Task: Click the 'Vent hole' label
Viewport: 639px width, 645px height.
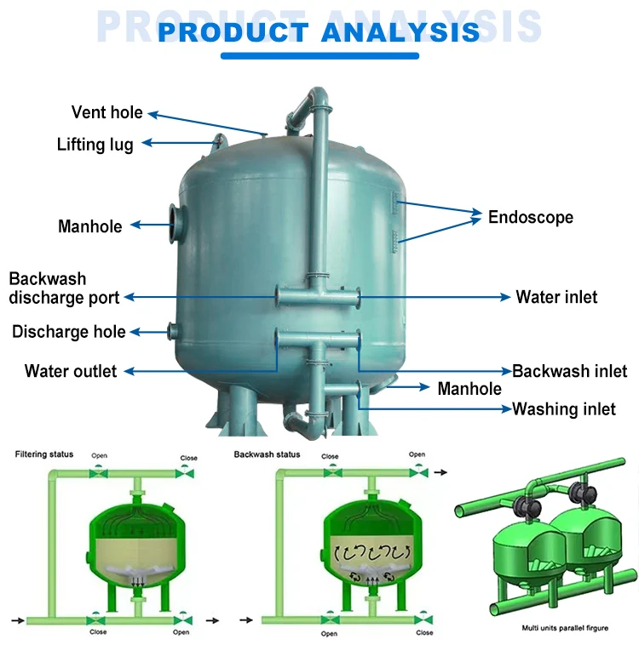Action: pos(106,112)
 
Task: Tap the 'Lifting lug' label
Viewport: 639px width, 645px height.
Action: pos(95,144)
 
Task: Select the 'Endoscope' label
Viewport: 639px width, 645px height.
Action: pos(530,217)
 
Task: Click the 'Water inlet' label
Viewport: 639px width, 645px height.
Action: pos(556,297)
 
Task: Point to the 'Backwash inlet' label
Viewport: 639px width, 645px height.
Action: pos(569,371)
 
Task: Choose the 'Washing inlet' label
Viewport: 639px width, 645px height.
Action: pos(563,409)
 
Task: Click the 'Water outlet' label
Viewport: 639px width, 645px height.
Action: pos(71,371)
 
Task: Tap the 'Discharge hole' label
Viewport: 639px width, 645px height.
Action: pos(68,332)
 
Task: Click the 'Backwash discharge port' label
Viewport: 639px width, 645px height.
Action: pos(64,288)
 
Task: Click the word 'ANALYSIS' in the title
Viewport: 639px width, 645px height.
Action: pos(400,32)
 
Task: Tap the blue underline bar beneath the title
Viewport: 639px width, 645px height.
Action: pos(319,56)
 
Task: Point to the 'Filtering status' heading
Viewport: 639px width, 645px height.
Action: pos(44,454)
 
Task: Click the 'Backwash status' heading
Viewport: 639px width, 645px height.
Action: pos(267,454)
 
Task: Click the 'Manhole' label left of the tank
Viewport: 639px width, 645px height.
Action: pos(89,226)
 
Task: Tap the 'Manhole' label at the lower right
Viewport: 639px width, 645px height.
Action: pos(469,389)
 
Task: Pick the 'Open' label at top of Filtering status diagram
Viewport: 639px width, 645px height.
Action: pos(101,455)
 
